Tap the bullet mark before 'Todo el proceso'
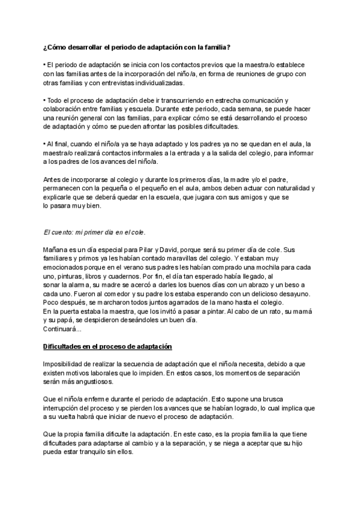tap(44, 100)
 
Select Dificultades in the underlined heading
tap(65, 346)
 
